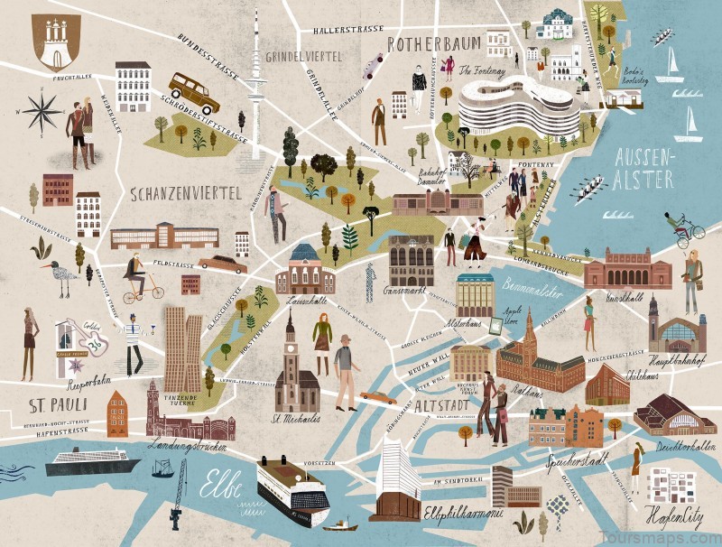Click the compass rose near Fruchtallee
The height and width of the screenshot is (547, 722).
(42, 112)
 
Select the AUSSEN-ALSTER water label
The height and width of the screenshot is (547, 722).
(643, 168)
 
